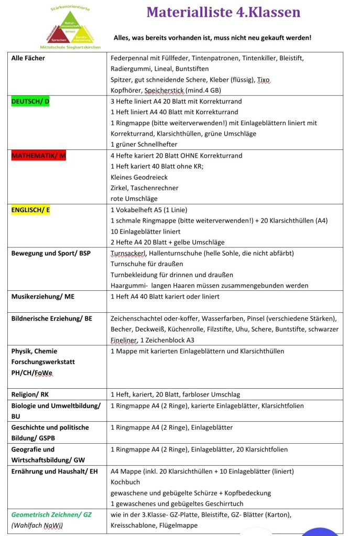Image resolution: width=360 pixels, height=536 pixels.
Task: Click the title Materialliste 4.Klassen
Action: coord(223,13)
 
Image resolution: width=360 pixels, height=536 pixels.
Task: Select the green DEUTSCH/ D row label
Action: coord(30,101)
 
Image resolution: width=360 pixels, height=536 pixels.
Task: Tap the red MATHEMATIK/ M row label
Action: coord(39,156)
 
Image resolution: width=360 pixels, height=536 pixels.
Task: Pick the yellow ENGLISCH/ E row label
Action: coord(31,210)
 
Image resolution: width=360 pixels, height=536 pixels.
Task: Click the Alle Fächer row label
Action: coord(28,58)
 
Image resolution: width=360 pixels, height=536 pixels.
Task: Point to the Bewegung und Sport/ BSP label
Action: coord(51,254)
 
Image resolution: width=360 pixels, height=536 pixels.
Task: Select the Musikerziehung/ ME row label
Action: coord(43,297)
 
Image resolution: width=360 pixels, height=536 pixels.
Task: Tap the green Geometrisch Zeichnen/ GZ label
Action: coord(51,515)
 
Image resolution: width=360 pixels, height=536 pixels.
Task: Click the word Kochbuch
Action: coord(125,482)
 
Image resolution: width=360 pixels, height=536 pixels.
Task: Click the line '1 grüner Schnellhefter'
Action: coord(144,145)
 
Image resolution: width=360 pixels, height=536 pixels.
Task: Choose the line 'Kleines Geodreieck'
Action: coord(140,177)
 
